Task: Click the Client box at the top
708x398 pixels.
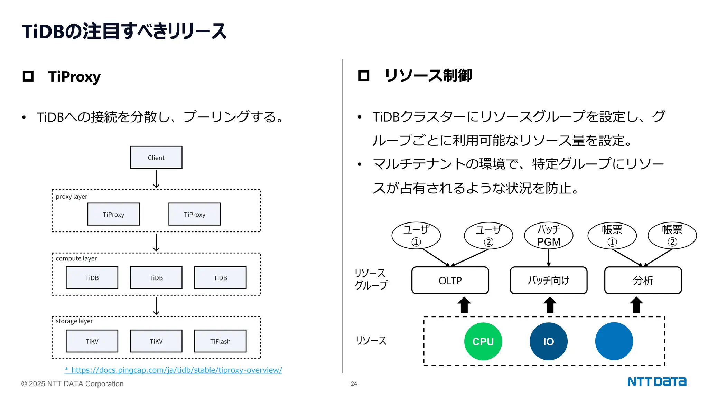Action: [x=156, y=158]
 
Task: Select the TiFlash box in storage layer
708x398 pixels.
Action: [x=220, y=341]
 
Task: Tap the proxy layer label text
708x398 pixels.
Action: [x=72, y=197]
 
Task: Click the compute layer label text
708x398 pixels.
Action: [x=76, y=258]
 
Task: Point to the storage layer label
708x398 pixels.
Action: [x=74, y=321]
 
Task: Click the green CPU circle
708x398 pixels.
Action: [x=483, y=341]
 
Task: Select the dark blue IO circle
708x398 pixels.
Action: [x=548, y=341]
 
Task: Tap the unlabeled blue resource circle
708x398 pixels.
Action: [x=614, y=341]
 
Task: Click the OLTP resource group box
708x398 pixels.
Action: [x=450, y=280]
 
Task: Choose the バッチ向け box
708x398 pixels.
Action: [x=548, y=280]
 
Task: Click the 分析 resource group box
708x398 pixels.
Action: [x=643, y=280]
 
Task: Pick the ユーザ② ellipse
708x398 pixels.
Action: [x=488, y=235]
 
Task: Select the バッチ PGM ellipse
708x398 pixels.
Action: [x=548, y=235]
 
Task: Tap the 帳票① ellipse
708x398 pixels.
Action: [x=612, y=235]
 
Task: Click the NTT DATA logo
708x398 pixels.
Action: [x=656, y=381]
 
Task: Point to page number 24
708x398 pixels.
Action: [x=354, y=383]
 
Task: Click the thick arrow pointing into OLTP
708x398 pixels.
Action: [x=464, y=305]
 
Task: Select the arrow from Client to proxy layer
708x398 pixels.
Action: [x=156, y=179]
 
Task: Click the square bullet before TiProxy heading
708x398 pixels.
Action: [x=28, y=76]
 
